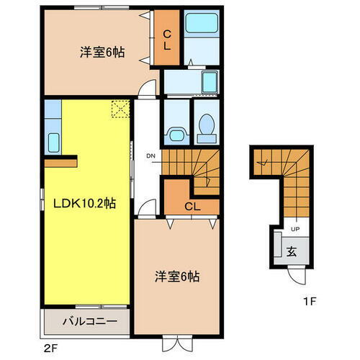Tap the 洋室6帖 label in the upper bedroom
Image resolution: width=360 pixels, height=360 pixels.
point(102,52)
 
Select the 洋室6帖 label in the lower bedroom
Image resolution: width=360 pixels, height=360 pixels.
point(176,276)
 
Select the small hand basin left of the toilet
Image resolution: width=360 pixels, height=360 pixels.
point(174,134)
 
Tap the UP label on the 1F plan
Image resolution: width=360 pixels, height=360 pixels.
point(294,229)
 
